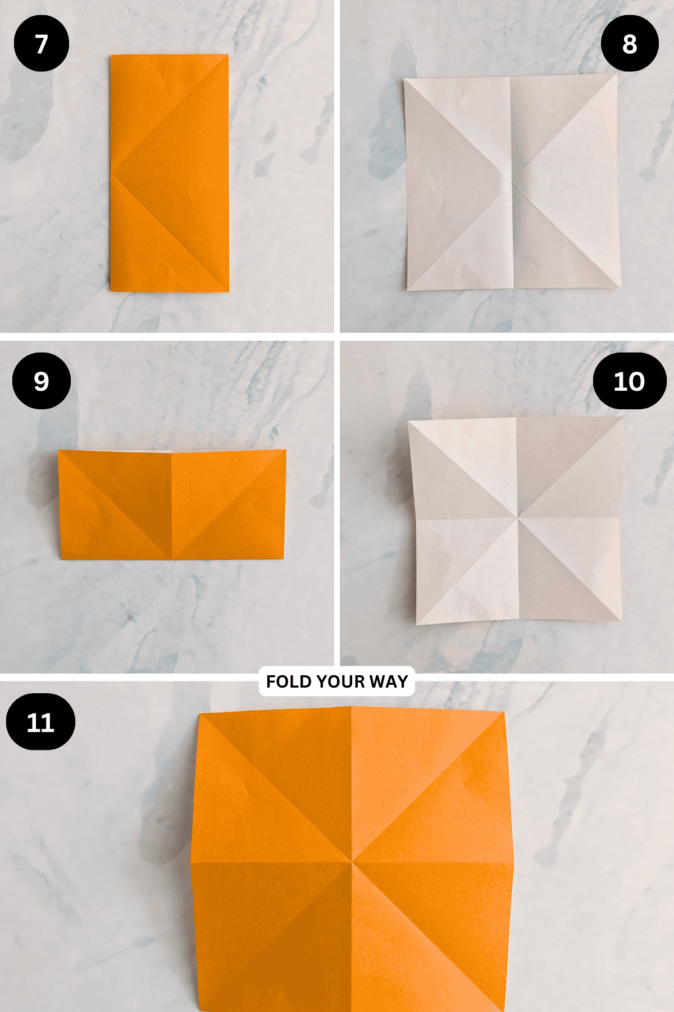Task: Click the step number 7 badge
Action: (x=42, y=44)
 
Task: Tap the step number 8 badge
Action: (x=629, y=44)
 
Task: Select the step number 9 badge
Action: (x=42, y=381)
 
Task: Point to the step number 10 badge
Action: (x=629, y=382)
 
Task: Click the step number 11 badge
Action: (x=40, y=722)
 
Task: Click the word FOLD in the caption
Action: (x=289, y=681)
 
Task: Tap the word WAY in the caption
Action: (x=388, y=681)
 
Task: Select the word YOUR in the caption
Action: (x=340, y=681)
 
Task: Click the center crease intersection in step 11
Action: (x=352, y=860)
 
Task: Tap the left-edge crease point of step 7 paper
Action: (x=112, y=173)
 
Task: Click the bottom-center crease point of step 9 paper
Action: (x=171, y=558)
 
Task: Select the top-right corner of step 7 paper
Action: (x=227, y=55)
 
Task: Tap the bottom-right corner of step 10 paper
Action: (x=621, y=620)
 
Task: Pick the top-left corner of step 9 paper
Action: (x=60, y=451)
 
